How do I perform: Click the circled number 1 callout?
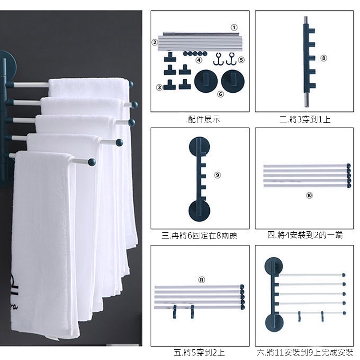(234, 27)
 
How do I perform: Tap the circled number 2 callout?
(155, 42)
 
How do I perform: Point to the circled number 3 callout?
(159, 87)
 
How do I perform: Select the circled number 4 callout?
(199, 60)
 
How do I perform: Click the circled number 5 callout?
(241, 60)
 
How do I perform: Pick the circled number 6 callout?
(220, 94)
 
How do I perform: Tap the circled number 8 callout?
(324, 58)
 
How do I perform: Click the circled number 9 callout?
(217, 175)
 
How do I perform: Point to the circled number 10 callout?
(309, 195)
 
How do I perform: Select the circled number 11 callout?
(202, 279)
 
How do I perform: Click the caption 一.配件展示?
(199, 120)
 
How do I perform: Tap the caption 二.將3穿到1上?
(305, 119)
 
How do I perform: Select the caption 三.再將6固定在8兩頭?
(199, 235)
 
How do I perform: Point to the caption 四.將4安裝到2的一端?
(305, 235)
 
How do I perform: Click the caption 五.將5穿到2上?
(199, 352)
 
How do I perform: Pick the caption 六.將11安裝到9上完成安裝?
(305, 352)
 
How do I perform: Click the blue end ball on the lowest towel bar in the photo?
(92, 162)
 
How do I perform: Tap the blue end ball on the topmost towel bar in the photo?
(131, 84)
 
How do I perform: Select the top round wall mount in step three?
(199, 147)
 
